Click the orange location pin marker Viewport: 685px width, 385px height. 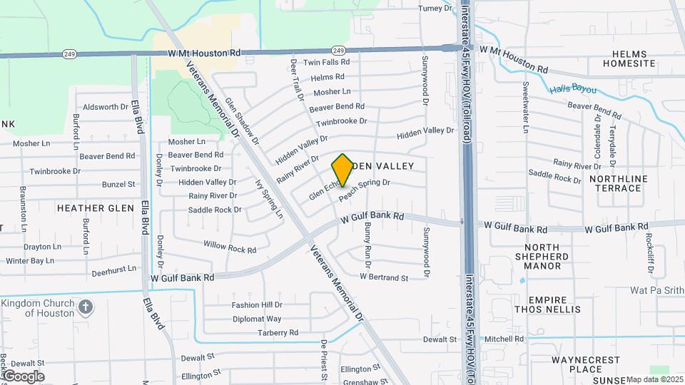342,170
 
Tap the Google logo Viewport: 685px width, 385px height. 23,376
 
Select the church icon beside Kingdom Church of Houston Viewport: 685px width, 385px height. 85,307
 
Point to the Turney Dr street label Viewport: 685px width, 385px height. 435,9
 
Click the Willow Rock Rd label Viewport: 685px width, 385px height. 230,247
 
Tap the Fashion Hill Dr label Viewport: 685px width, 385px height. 257,304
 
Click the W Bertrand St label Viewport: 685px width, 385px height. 384,277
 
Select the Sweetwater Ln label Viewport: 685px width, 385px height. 524,107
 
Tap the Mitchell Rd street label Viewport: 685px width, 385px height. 504,339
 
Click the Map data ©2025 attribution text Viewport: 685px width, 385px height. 654,379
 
